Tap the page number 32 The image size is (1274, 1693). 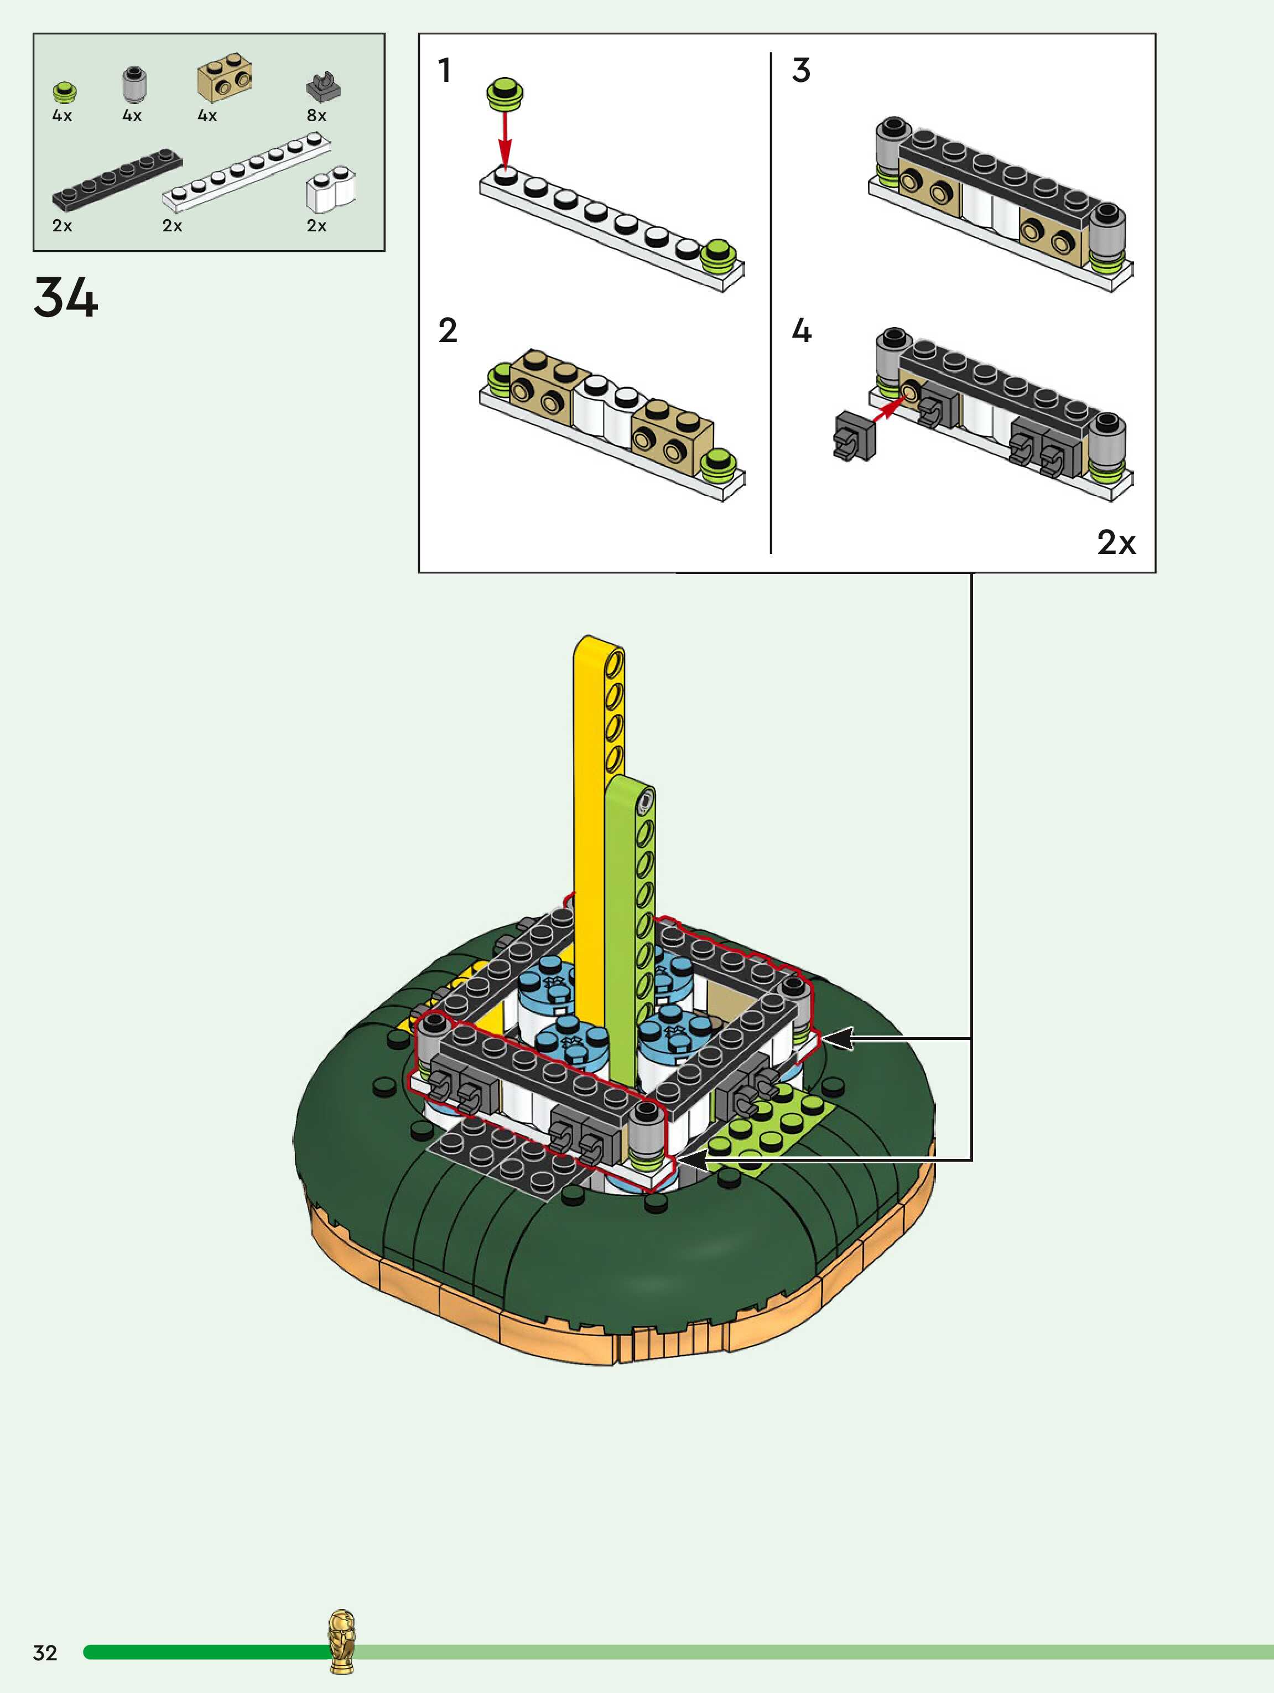point(45,1653)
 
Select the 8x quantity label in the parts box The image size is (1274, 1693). point(317,116)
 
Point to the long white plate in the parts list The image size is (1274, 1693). point(247,172)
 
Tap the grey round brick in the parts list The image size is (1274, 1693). point(134,84)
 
